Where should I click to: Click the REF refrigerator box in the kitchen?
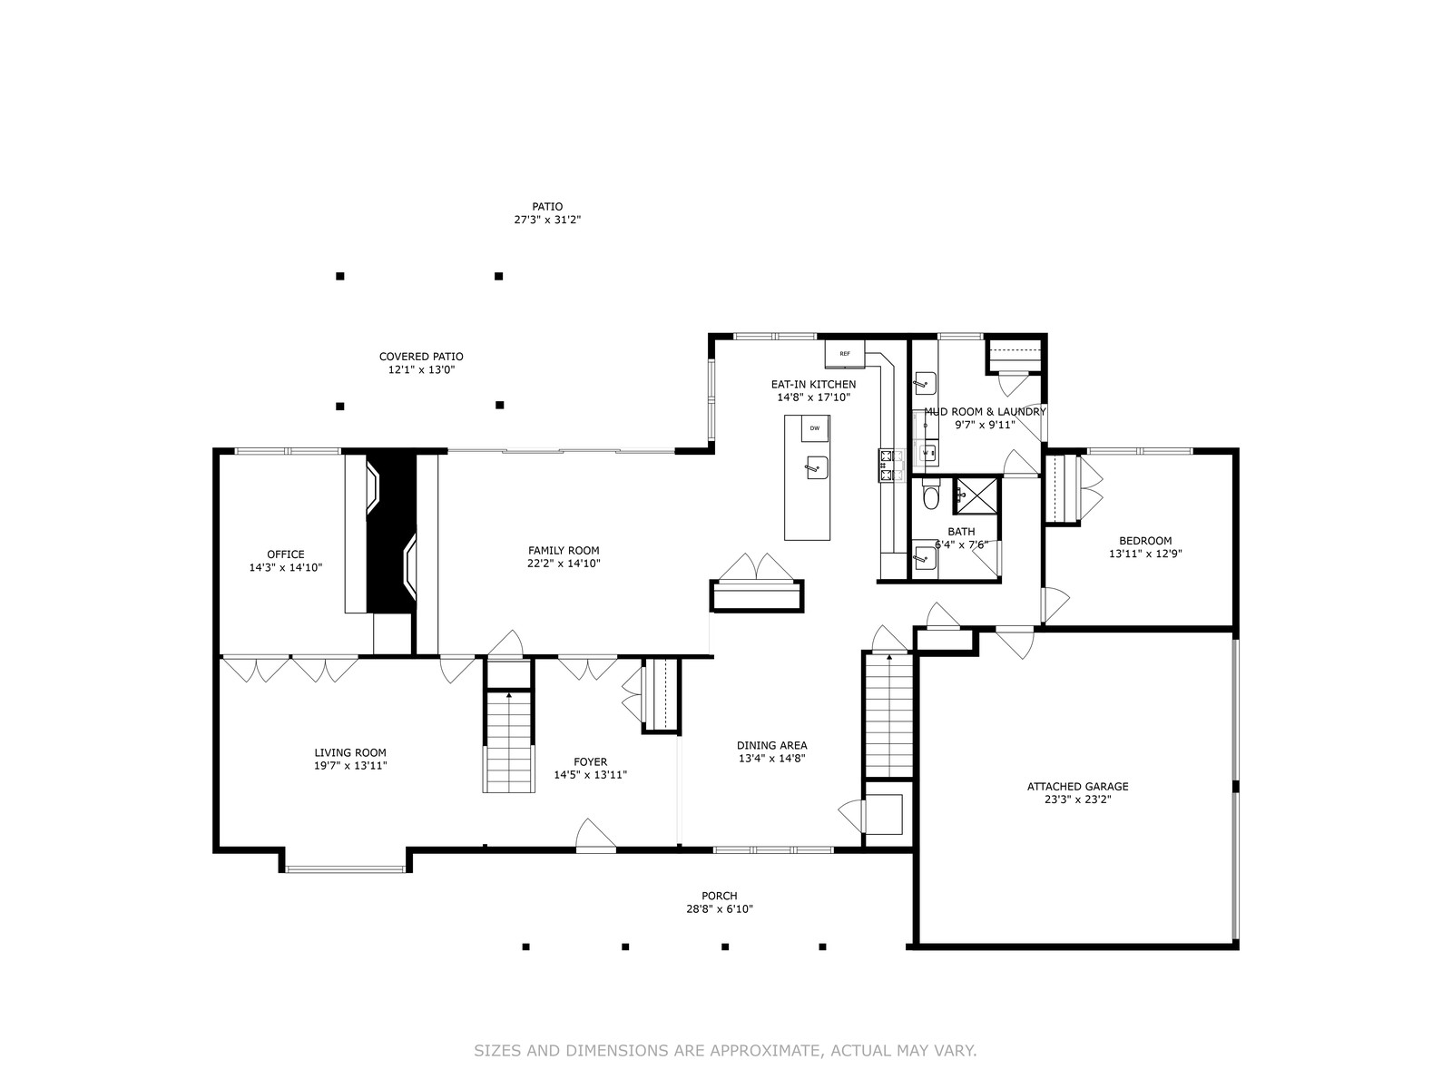coord(844,353)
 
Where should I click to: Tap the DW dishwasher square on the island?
coord(815,428)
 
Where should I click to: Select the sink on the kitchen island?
coord(817,467)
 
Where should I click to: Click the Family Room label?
coord(564,550)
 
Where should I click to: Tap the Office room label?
coord(286,554)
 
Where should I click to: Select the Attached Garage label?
coord(1077,786)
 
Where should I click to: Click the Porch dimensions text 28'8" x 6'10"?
coord(719,909)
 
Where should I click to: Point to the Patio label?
coord(547,206)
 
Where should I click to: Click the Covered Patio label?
coord(421,357)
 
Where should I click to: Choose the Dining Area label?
coord(772,745)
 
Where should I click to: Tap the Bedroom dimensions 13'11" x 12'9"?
coord(1145,554)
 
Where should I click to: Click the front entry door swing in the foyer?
coord(595,833)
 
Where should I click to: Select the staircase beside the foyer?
coord(509,741)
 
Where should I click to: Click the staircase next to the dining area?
coord(889,715)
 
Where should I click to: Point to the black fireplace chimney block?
coord(391,533)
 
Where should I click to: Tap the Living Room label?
coord(350,752)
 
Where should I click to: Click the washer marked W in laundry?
coord(928,453)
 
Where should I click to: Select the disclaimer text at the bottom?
coord(725,1050)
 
